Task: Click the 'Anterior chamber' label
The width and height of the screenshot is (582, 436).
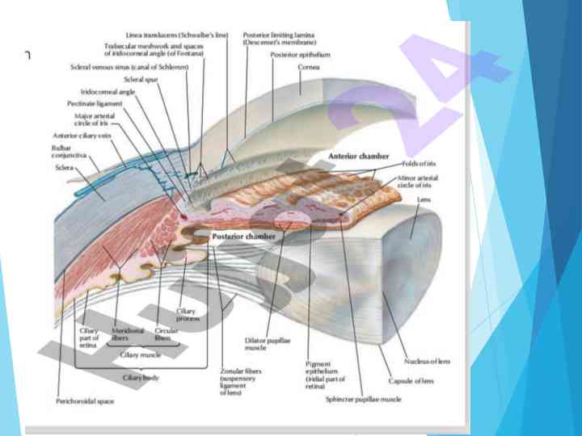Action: [x=358, y=154]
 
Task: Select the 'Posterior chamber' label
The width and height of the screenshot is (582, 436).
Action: [x=243, y=237]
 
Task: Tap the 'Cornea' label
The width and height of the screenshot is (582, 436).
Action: [x=309, y=67]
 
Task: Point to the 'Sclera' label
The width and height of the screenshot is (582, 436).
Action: [x=64, y=168]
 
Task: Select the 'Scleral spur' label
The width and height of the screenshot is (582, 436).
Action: [x=140, y=80]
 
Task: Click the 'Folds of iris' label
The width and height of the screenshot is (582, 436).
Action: [x=417, y=164]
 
